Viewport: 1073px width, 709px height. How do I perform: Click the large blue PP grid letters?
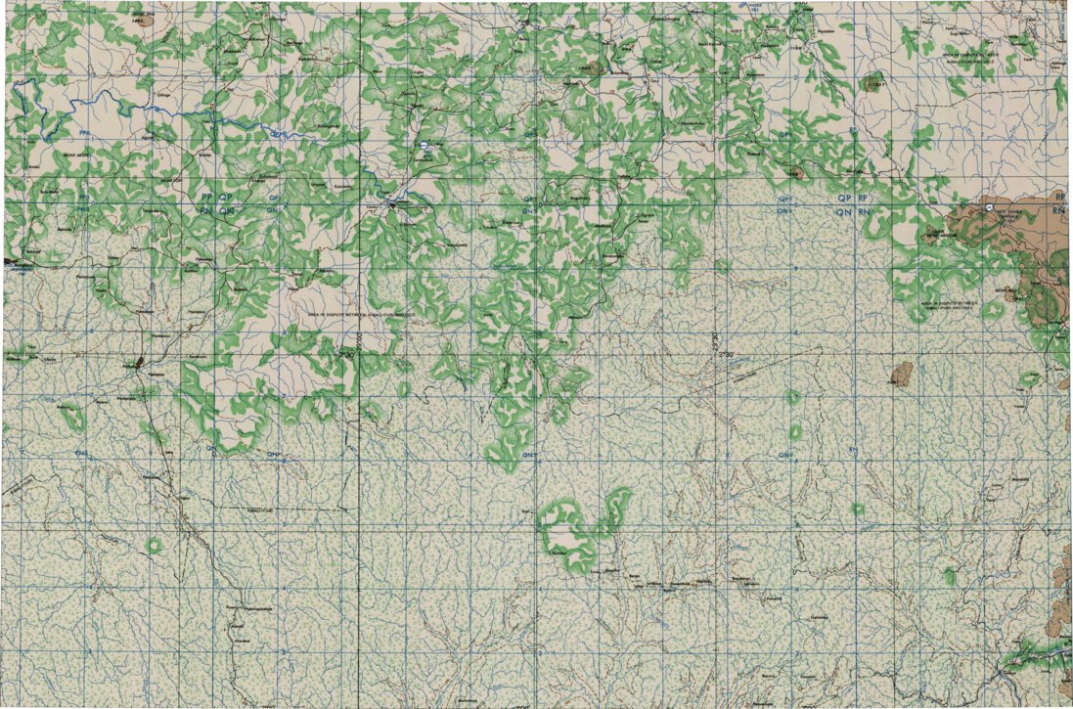tap(205, 196)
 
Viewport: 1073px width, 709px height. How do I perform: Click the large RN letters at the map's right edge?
tap(1056, 210)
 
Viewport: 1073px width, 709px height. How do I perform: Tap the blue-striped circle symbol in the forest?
tap(423, 146)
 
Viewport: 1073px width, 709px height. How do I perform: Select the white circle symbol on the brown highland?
tap(990, 208)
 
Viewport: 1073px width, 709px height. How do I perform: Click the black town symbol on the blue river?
tap(393, 203)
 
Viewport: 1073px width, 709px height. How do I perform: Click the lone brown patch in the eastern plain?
tap(902, 375)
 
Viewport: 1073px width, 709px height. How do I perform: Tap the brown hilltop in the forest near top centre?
tap(592, 69)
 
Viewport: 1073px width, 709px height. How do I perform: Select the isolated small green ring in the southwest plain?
tap(153, 545)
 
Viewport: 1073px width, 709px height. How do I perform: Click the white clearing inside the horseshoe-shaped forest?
tap(562, 535)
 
